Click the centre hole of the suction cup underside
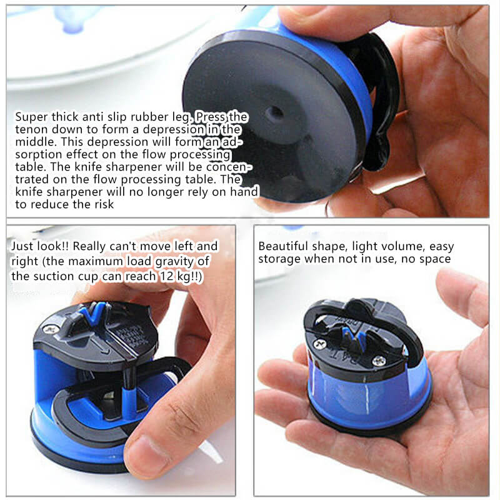274,112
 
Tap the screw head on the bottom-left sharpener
51,329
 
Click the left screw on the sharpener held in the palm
320,344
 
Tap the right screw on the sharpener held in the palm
379,361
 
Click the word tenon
31,129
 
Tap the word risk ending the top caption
104,204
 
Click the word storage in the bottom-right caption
279,259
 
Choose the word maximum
96,261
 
